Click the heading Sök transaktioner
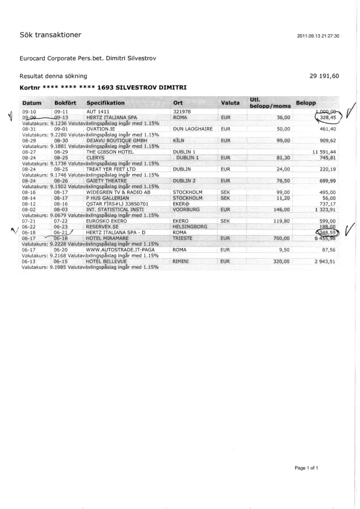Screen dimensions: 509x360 tap(50, 35)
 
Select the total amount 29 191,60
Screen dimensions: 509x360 tap(324, 76)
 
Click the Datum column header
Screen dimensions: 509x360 tap(32, 103)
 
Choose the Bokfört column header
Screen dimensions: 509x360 tap(65, 103)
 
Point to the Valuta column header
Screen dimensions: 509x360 tap(230, 103)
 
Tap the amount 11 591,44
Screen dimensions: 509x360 tap(324, 152)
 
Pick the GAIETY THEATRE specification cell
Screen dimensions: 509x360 tap(106, 181)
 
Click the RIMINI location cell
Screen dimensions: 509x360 tap(181, 261)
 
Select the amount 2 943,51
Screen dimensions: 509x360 tap(325, 261)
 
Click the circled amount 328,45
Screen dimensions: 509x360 tap(328, 118)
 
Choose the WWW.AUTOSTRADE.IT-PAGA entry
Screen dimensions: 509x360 tap(120, 250)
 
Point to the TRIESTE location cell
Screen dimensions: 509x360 tap(182, 238)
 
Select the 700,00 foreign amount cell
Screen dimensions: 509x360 tap(281, 238)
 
